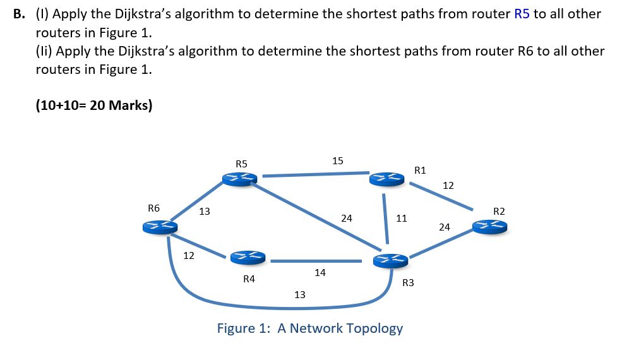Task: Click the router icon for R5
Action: click(x=240, y=179)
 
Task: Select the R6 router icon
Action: click(x=158, y=227)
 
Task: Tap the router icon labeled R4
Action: click(x=247, y=256)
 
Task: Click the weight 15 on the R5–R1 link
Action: click(x=338, y=160)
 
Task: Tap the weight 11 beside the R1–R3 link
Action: click(x=401, y=219)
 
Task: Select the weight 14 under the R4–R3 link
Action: click(x=320, y=273)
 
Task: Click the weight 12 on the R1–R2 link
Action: click(x=448, y=186)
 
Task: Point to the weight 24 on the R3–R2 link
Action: click(x=445, y=227)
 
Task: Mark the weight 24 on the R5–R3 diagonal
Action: click(x=347, y=219)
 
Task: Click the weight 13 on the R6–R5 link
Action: click(x=205, y=212)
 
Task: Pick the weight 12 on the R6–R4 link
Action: click(x=188, y=256)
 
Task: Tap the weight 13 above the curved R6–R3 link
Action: click(x=300, y=294)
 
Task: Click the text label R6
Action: click(x=153, y=208)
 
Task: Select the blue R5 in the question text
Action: click(x=522, y=14)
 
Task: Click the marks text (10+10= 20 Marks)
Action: click(x=94, y=105)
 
